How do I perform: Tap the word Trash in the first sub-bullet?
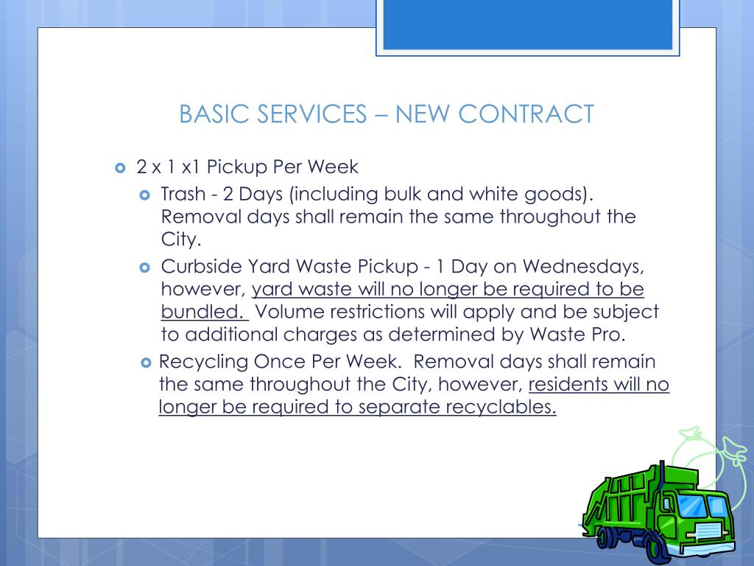coord(183,195)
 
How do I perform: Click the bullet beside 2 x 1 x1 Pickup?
coord(121,167)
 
